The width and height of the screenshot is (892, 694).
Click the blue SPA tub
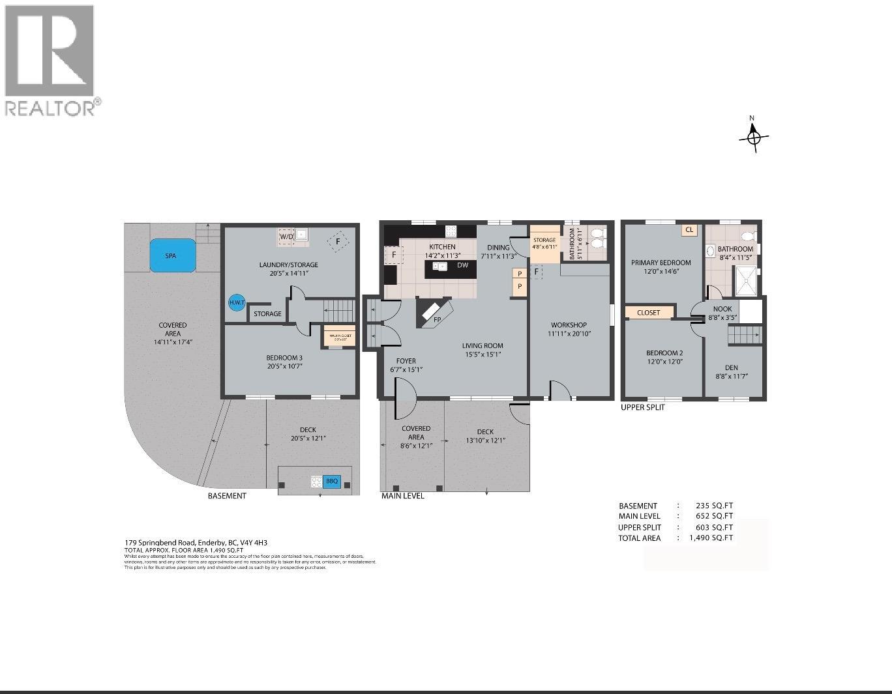pos(172,255)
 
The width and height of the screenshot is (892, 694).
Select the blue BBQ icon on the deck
pos(332,482)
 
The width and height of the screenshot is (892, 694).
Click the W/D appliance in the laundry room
pos(286,237)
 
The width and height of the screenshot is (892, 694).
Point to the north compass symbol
pos(754,137)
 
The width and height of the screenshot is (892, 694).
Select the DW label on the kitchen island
pos(462,265)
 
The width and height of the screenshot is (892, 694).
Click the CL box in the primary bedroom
pos(689,230)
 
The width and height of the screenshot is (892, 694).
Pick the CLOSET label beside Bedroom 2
pos(649,312)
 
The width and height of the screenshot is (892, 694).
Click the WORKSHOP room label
pos(569,325)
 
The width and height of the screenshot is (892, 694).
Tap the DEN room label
pos(731,368)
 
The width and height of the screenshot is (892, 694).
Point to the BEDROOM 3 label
pos(284,357)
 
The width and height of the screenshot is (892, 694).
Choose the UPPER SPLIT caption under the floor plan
pos(643,407)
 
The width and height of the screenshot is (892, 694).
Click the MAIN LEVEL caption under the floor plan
pos(402,496)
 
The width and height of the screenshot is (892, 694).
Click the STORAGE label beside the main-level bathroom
pos(544,240)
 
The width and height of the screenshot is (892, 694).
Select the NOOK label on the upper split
pos(722,309)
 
